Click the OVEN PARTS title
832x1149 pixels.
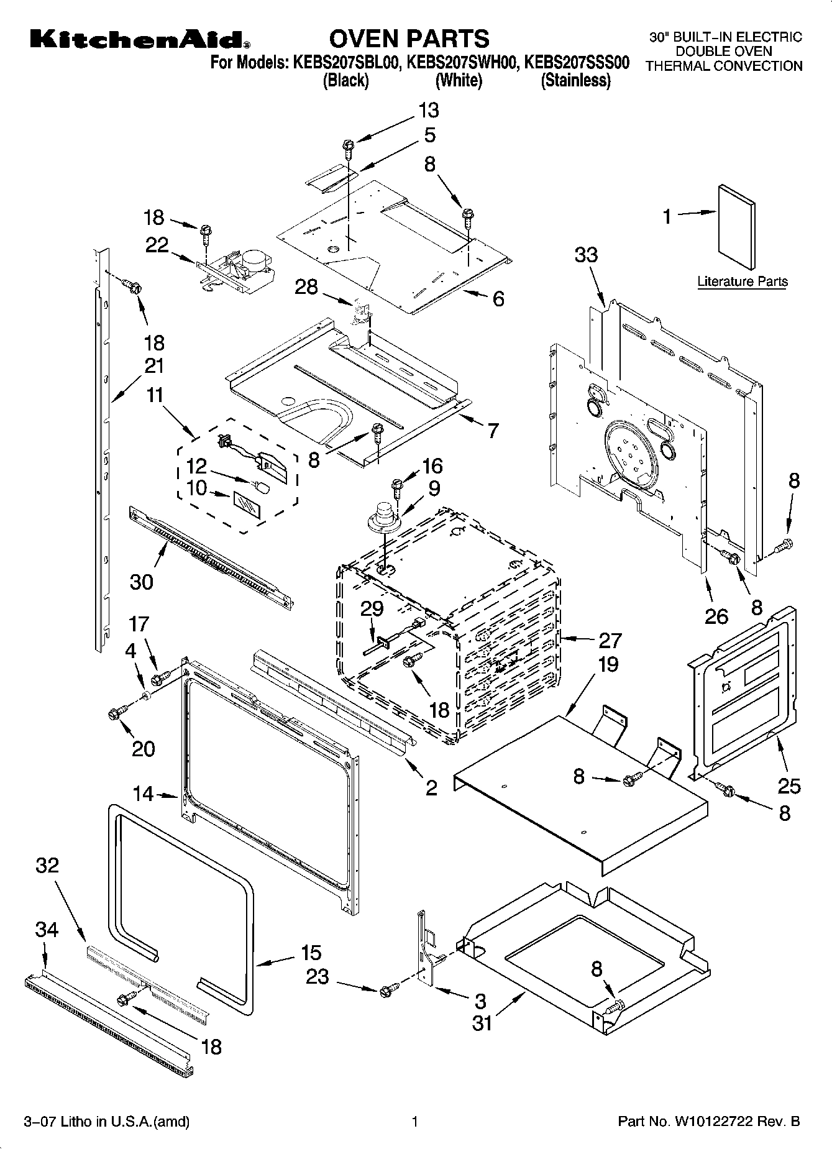(x=409, y=39)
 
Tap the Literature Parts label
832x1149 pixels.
(x=742, y=282)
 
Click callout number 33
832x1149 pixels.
(x=586, y=254)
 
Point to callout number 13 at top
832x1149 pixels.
(x=428, y=110)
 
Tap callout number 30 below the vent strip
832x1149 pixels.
(x=142, y=582)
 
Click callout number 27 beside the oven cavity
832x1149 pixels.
(x=610, y=639)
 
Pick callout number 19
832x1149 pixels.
(x=608, y=664)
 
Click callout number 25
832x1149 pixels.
(x=789, y=786)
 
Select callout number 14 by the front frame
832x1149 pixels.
(x=143, y=794)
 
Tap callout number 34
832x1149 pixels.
(x=47, y=930)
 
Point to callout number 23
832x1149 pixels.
(x=318, y=977)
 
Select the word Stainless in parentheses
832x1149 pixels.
(x=575, y=80)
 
